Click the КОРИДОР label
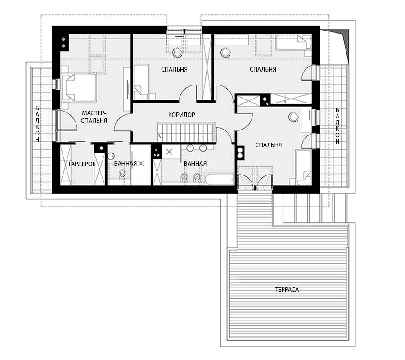tap(182, 115)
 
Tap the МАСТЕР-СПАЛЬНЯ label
tap(94, 117)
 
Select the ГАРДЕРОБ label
tap(82, 164)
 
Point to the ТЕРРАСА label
tap(287, 289)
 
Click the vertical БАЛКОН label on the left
tap(38, 124)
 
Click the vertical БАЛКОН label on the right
tap(337, 126)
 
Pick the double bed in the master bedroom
tap(79, 87)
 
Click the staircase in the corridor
tap(186, 132)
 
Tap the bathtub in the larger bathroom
tap(219, 179)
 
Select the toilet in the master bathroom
tap(122, 174)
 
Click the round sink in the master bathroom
tap(111, 156)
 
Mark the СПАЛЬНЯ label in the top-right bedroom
tap(263, 69)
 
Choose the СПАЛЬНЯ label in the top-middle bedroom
tap(174, 69)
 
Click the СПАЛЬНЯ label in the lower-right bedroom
tap(268, 145)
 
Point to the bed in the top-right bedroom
tap(293, 42)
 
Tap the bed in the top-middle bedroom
tap(141, 82)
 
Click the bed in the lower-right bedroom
tap(304, 167)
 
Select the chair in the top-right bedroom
tap(225, 52)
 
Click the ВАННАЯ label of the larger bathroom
tap(195, 163)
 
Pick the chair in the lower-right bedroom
tap(293, 117)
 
